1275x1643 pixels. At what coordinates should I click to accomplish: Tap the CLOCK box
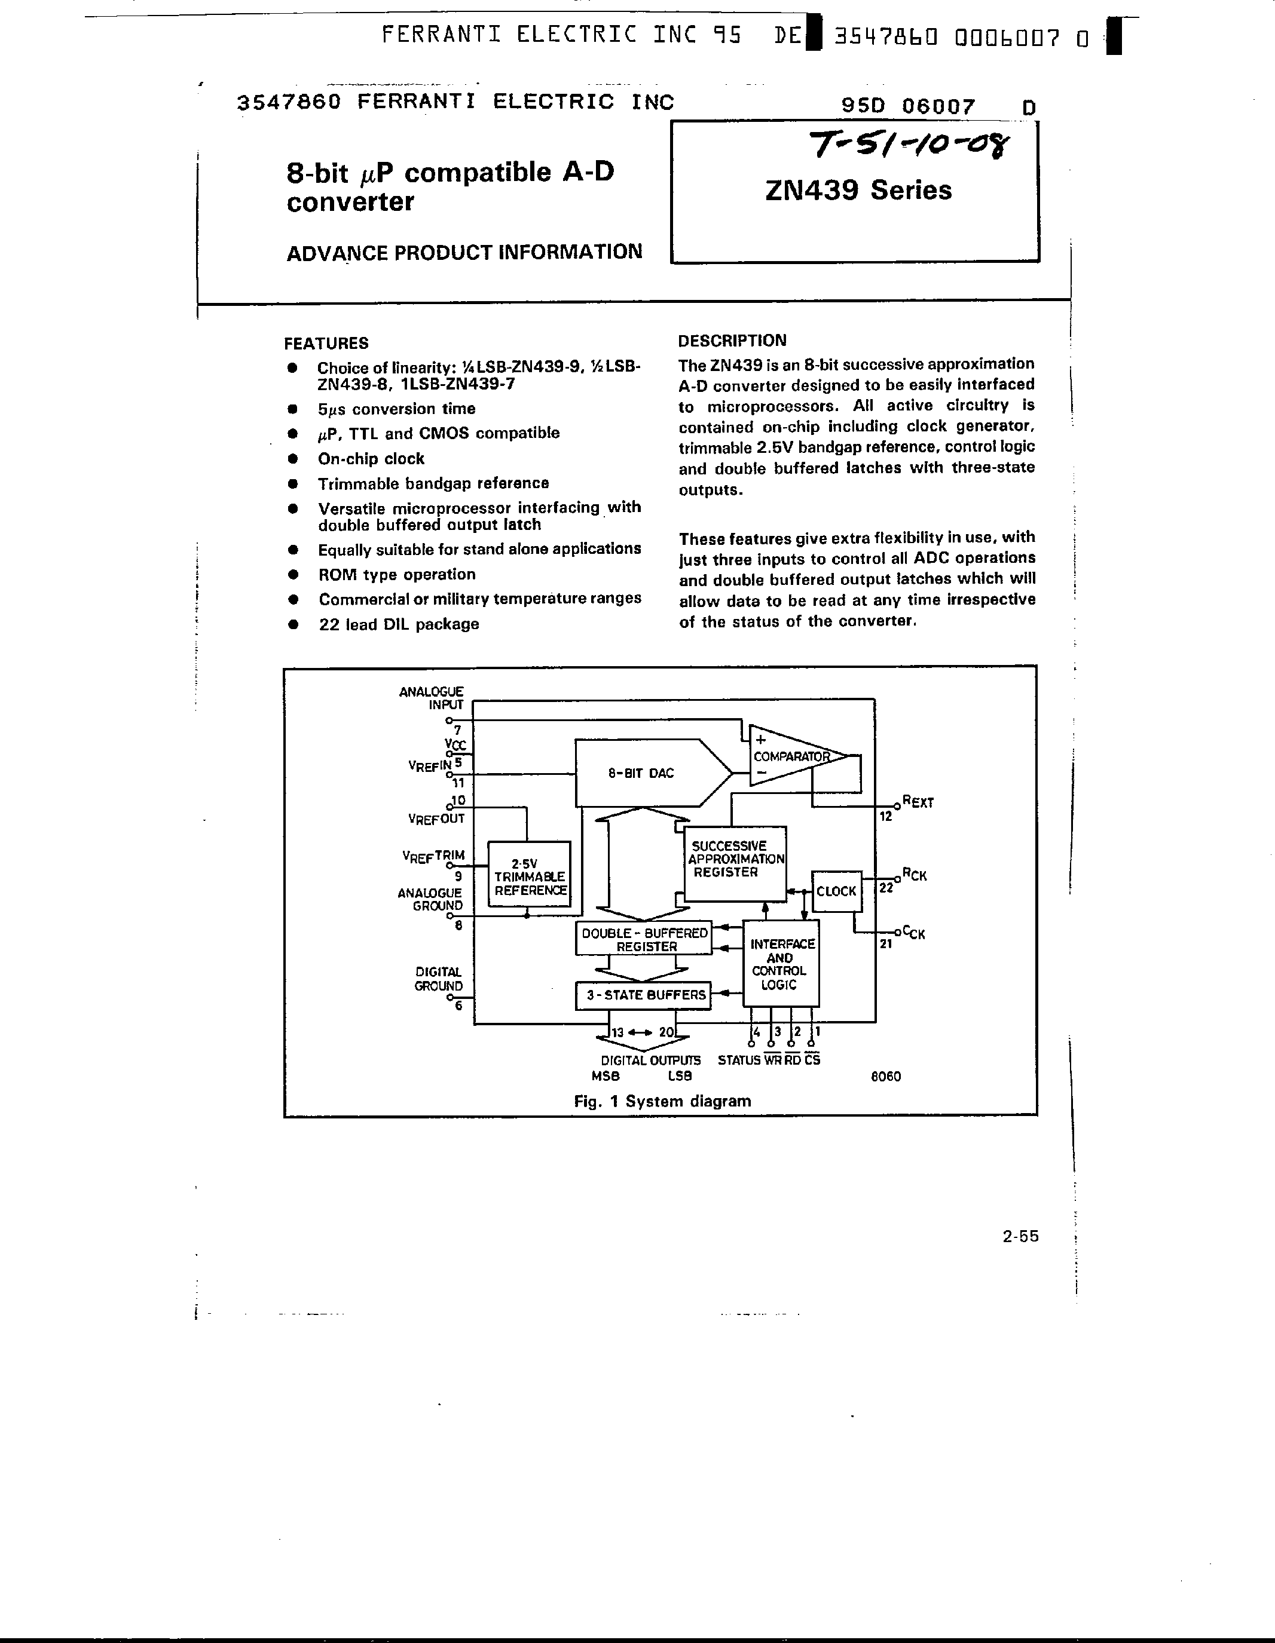click(x=836, y=891)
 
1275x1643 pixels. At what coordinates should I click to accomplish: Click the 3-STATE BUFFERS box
click(x=644, y=995)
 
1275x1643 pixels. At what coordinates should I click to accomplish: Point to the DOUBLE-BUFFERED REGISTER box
click(x=644, y=939)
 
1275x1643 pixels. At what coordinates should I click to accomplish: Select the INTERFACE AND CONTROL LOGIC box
click(x=781, y=964)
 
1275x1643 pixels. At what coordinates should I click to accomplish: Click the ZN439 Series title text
click(x=858, y=191)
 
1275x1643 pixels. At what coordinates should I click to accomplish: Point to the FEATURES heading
click(x=326, y=343)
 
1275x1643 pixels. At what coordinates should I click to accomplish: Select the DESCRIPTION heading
click(x=732, y=341)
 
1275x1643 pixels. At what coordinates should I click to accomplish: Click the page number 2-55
click(x=1020, y=1236)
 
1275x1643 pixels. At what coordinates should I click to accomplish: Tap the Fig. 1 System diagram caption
click(x=662, y=1101)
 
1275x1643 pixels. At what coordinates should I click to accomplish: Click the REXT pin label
click(x=918, y=802)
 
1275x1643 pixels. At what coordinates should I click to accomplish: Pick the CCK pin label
click(x=914, y=933)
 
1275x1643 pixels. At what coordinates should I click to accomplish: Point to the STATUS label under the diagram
click(x=738, y=1060)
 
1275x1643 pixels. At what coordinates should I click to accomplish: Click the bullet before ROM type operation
click(x=293, y=575)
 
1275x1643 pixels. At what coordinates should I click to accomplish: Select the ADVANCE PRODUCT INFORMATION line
click(x=464, y=252)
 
